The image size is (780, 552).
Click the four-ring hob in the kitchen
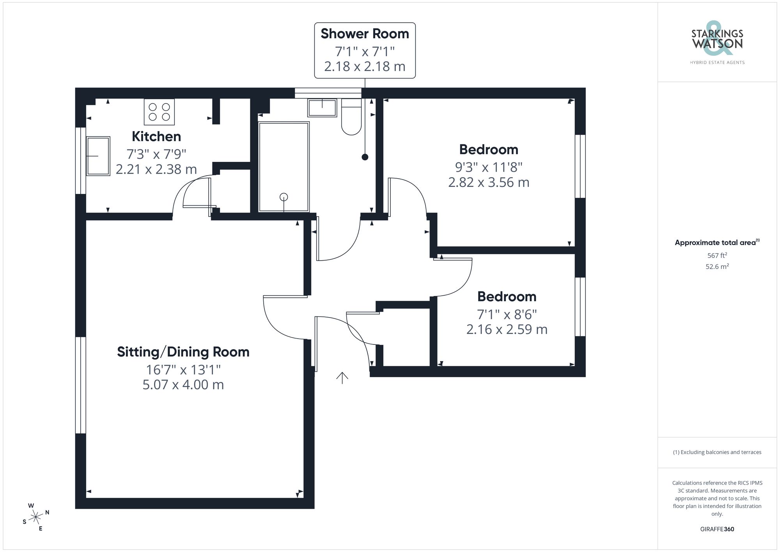coord(159,112)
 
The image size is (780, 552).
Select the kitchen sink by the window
coord(98,156)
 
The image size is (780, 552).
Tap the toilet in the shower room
coord(351,117)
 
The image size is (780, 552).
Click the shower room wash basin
coord(322,108)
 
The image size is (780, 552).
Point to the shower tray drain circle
coord(284,197)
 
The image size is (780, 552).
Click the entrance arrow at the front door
coord(342,378)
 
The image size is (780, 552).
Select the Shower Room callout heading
coord(365,34)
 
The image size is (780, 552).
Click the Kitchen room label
coord(156,137)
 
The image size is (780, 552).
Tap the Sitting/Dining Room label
coord(183,352)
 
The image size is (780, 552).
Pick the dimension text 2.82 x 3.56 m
coord(489,183)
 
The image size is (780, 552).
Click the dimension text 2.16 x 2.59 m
coord(507,330)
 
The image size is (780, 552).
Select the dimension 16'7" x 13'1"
coord(183,369)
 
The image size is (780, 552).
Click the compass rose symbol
coord(36,517)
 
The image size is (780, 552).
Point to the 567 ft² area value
coord(717,256)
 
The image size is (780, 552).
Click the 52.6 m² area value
coord(717,267)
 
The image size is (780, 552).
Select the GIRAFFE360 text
coord(717,529)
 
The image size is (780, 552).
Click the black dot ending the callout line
coord(365,157)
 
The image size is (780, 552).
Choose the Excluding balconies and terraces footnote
coord(717,453)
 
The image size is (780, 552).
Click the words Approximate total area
coord(715,243)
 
